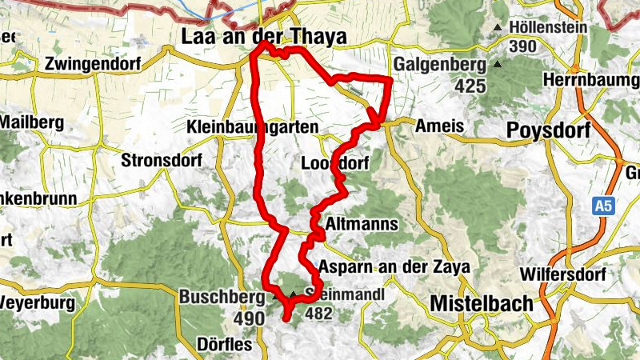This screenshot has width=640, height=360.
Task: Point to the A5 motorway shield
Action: [x=604, y=207]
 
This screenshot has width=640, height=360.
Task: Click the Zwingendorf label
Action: [x=92, y=63]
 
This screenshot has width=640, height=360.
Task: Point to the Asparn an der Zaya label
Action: [x=392, y=266]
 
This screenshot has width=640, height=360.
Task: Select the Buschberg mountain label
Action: [x=222, y=297]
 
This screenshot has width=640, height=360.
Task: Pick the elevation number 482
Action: [x=318, y=314]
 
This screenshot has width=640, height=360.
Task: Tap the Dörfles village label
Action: [x=224, y=345]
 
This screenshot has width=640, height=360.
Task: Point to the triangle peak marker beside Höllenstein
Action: [x=498, y=28]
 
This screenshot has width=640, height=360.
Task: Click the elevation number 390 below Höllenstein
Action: [x=522, y=46]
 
